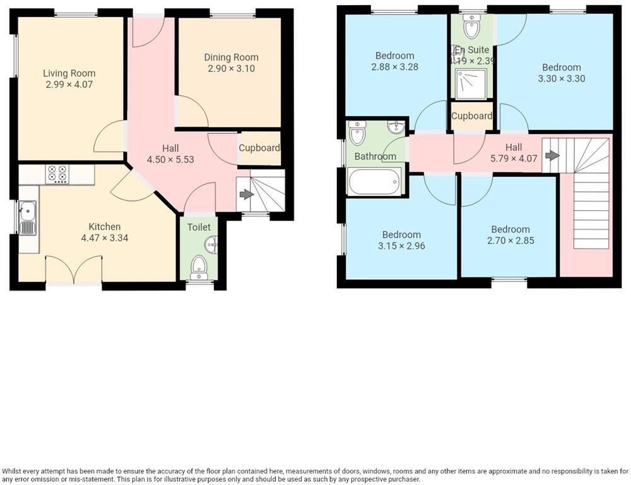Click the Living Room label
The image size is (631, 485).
pos(69,73)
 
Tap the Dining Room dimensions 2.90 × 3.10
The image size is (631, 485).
pos(231,68)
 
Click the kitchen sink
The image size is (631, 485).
pos(27,218)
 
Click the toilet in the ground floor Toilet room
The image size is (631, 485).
pos(199,266)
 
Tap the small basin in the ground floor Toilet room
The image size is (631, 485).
pos(211,244)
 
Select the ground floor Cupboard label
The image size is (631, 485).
pos(259,148)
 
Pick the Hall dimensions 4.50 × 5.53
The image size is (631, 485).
pos(170,160)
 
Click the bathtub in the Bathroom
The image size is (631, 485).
pos(374,181)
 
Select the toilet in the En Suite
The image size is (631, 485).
pos(471,27)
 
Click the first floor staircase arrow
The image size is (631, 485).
pos(552,155)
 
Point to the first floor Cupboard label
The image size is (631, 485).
pos(471,116)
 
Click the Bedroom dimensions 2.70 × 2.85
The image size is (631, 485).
pos(510,241)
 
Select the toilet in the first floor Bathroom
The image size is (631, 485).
pos(357,133)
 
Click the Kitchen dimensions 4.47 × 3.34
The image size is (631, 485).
pos(101,238)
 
